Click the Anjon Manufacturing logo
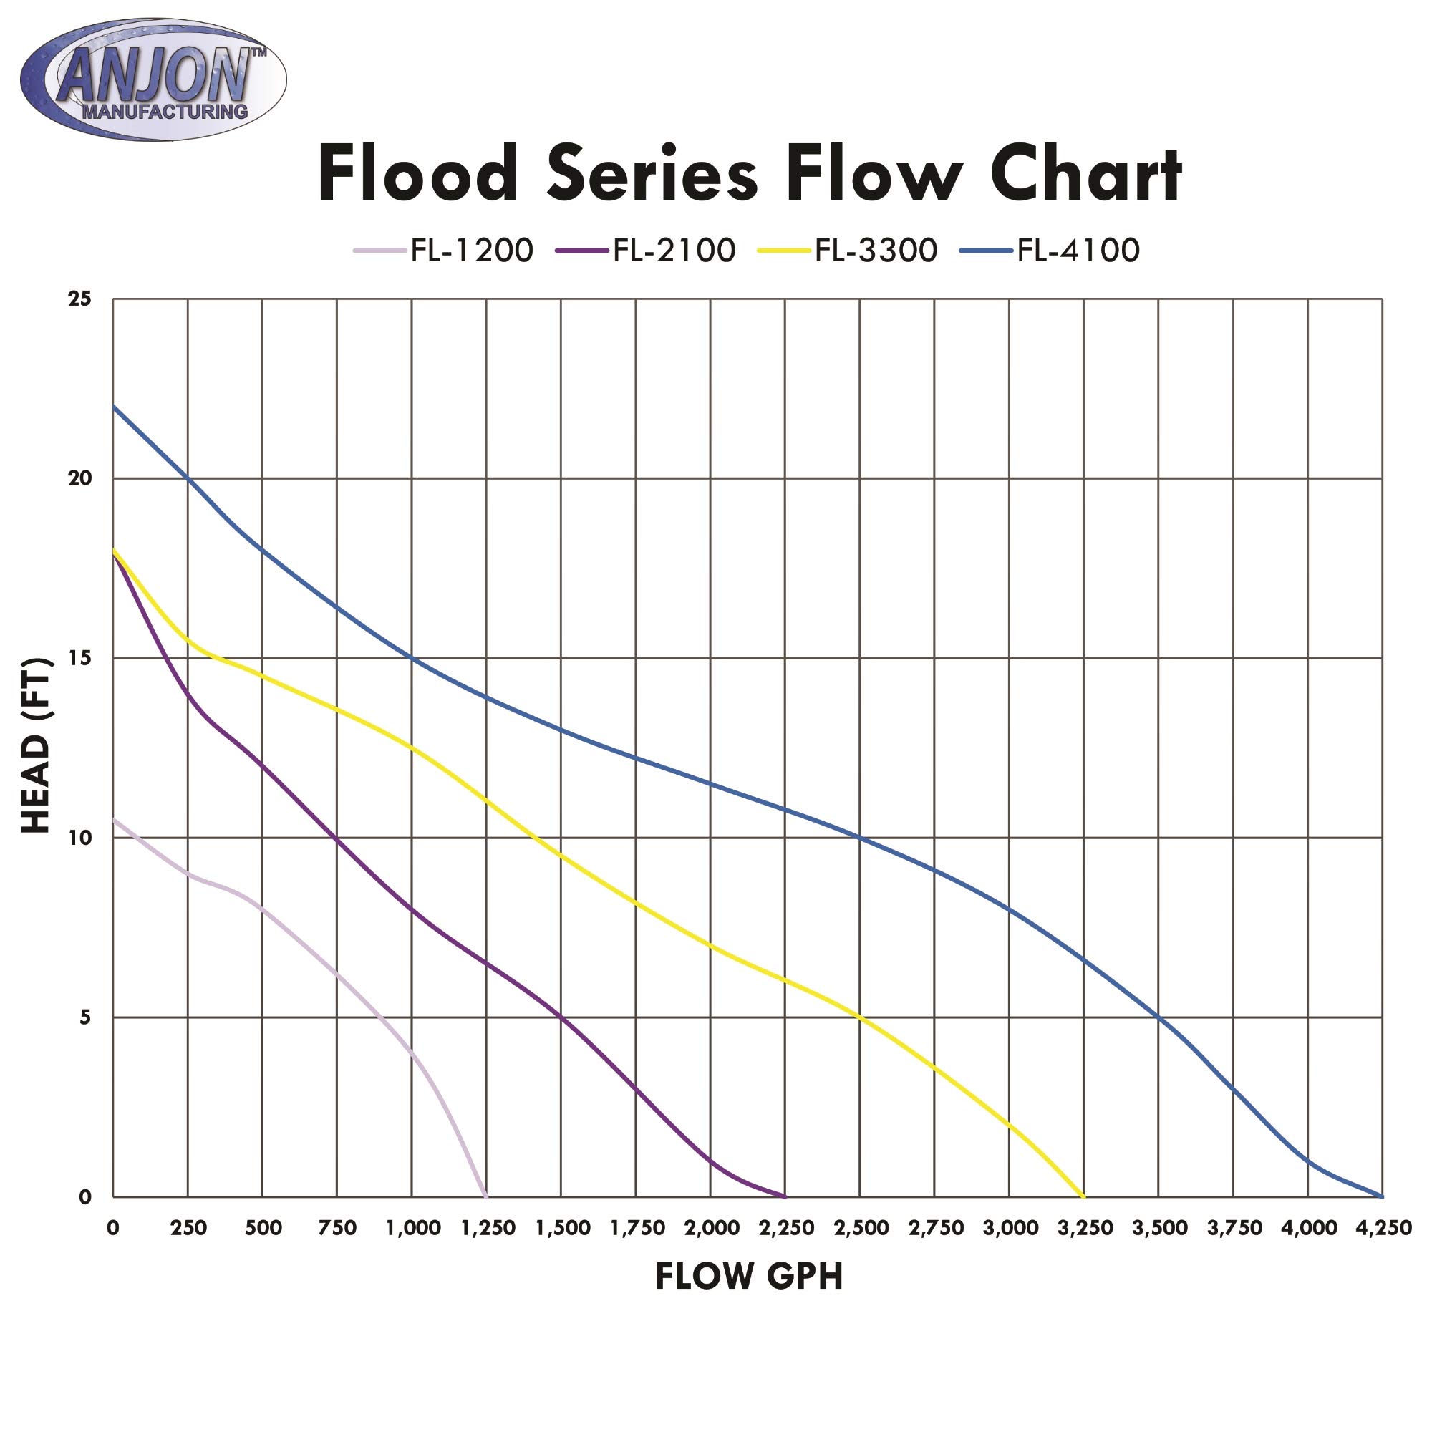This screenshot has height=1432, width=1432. click(x=153, y=80)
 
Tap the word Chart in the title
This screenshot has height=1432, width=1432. click(x=1085, y=175)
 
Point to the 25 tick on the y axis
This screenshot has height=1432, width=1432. click(x=79, y=299)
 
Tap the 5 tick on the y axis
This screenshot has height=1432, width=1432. click(x=84, y=1017)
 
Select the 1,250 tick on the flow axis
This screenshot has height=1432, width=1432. click(x=488, y=1228)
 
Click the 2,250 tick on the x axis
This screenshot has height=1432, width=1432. click(x=786, y=1228)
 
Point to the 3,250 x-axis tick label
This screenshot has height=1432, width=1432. click(x=1085, y=1228)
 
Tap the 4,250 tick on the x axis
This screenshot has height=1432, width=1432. click(x=1383, y=1228)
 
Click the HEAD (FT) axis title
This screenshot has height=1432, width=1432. click(x=36, y=745)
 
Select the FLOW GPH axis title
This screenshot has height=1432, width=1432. click(x=749, y=1277)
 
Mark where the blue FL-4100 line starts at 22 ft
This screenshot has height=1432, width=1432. click(x=113, y=406)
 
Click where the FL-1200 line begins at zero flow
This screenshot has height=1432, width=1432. click(x=113, y=819)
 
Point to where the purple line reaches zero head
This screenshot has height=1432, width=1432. click(x=785, y=1196)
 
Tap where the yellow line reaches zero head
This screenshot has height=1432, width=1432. click(x=1083, y=1196)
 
